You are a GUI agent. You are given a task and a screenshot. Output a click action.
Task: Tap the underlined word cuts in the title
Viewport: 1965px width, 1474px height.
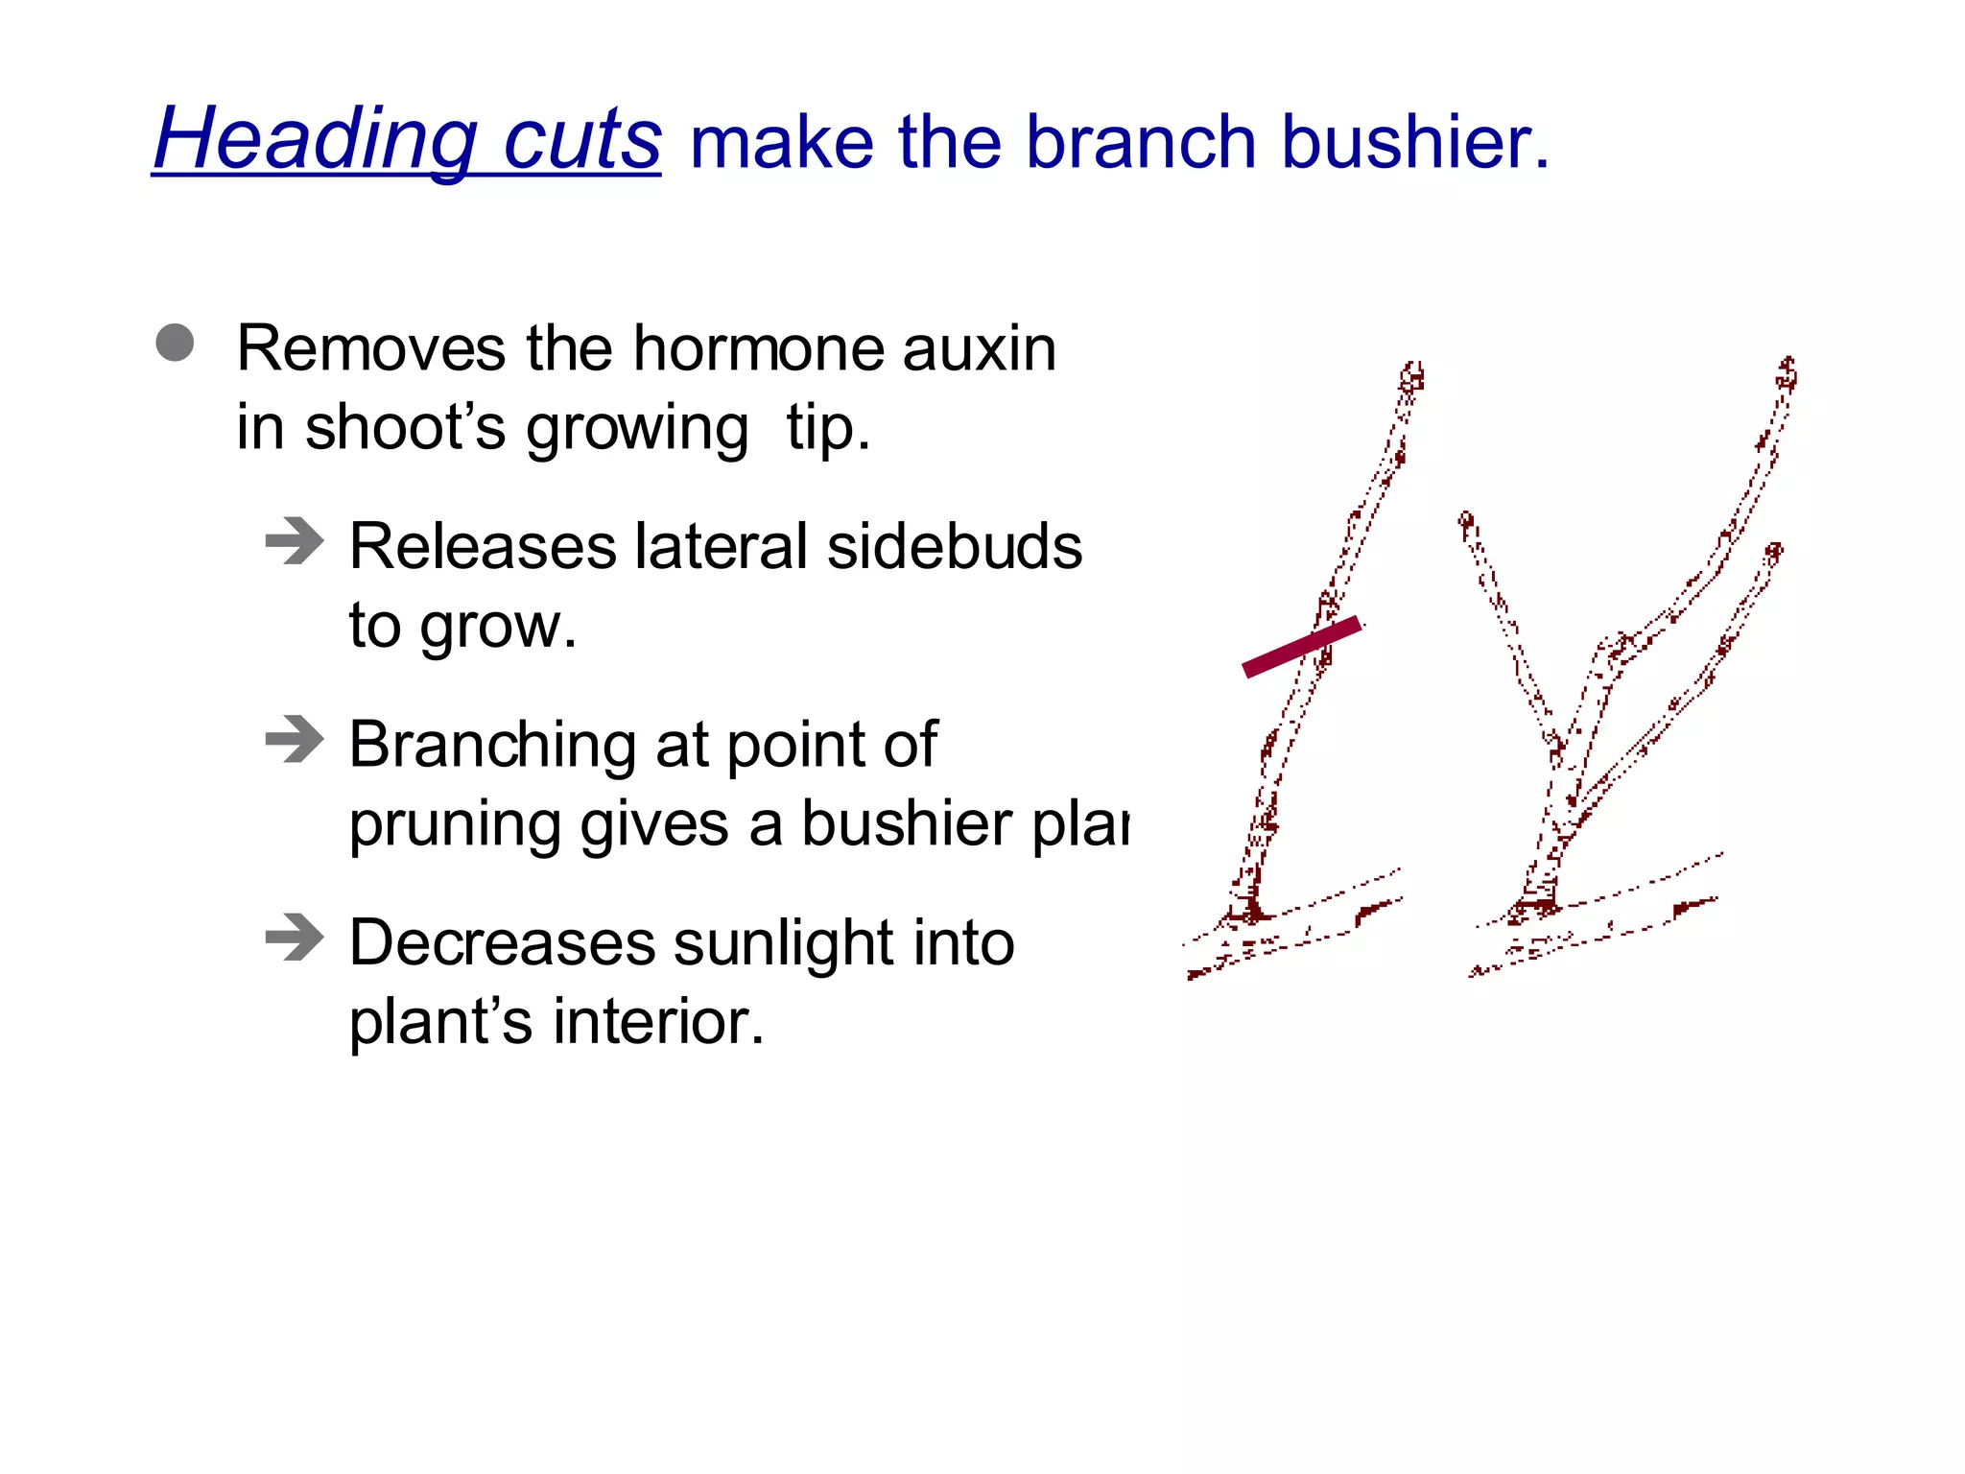[x=581, y=141]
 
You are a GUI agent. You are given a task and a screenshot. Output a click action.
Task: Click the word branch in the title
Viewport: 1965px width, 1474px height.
[x=1140, y=143]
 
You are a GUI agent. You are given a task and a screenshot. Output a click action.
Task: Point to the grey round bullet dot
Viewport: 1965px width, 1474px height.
[x=175, y=343]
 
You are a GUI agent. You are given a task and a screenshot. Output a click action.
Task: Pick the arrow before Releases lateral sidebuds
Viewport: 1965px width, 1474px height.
[x=295, y=541]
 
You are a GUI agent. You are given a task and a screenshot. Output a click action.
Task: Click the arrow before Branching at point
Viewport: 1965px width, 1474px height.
[x=295, y=739]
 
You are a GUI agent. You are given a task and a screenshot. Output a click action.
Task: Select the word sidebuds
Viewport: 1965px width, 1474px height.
[x=954, y=547]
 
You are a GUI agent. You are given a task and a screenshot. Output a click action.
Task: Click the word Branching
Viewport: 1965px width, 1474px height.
[x=492, y=747]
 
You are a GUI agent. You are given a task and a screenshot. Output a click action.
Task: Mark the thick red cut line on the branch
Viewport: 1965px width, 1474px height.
[x=1301, y=647]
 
